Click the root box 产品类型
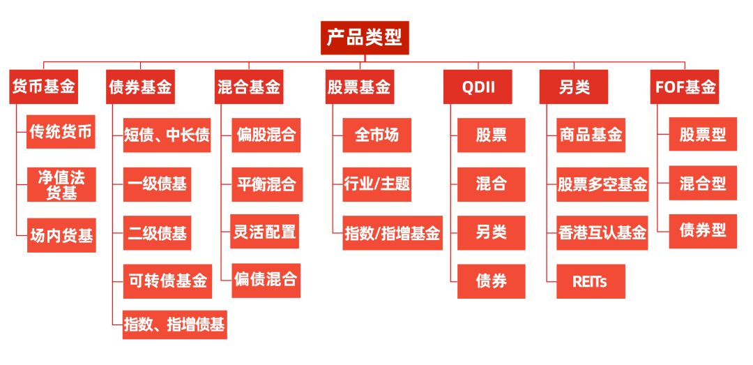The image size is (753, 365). (365, 38)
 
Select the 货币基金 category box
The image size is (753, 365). (44, 87)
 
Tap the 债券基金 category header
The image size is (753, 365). (140, 87)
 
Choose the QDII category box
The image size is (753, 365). (478, 87)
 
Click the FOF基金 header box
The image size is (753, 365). (685, 87)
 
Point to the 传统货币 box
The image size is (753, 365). (61, 132)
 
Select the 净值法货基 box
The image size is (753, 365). (61, 184)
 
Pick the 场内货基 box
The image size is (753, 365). (61, 235)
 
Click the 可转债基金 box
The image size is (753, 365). (167, 281)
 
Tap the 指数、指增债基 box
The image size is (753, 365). (174, 325)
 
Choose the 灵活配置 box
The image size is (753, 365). (265, 232)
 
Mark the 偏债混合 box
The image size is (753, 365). (266, 281)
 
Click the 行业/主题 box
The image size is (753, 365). (377, 184)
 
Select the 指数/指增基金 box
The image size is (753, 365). (393, 233)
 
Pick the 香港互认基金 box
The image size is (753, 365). (602, 233)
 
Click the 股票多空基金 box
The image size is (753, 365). (602, 184)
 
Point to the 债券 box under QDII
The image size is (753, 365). (492, 281)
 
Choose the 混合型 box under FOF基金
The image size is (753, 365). (703, 184)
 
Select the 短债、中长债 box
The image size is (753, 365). (167, 135)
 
